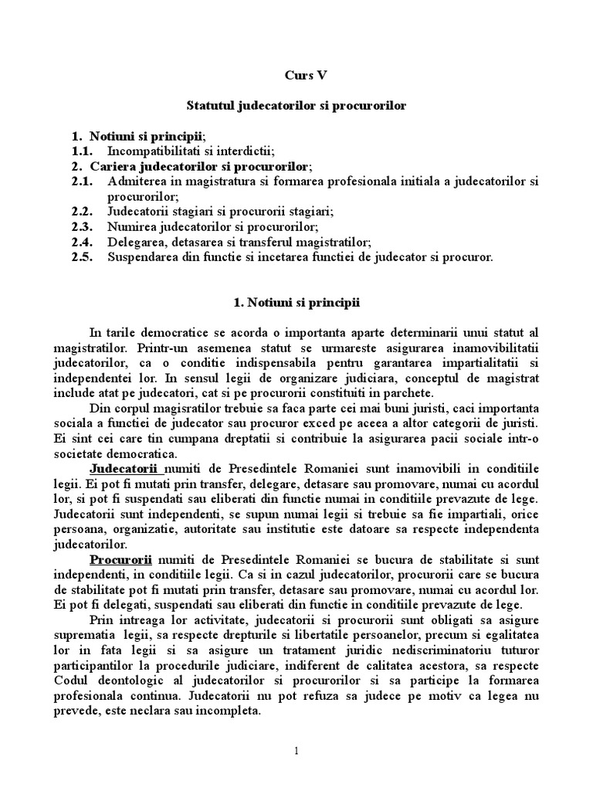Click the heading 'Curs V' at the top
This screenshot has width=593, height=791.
pyautogui.click(x=296, y=75)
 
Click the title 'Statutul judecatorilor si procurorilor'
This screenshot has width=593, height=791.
pyautogui.click(x=296, y=104)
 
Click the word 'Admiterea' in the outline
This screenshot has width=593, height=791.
pyautogui.click(x=137, y=181)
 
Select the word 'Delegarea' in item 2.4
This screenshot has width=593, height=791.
pyautogui.click(x=136, y=242)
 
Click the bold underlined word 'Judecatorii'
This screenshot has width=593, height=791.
pyautogui.click(x=124, y=469)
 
